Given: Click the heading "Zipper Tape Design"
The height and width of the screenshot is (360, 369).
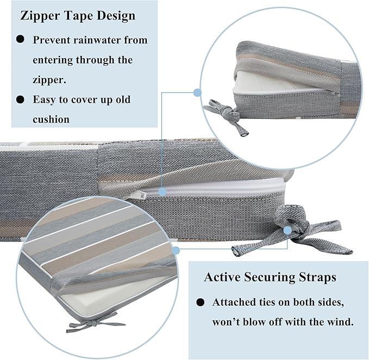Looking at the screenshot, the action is [x=78, y=16].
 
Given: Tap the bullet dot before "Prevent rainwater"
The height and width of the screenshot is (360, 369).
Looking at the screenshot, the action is [x=21, y=39].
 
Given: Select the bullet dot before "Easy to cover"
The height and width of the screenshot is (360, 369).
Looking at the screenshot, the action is [x=21, y=99].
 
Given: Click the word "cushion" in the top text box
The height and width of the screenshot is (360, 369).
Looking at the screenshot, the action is [x=51, y=119].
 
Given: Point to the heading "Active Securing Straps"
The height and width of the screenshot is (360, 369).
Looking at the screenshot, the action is [x=270, y=277].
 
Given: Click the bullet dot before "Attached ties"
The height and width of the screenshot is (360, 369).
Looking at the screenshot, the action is [x=201, y=302].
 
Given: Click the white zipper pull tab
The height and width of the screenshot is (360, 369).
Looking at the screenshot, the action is [x=136, y=195].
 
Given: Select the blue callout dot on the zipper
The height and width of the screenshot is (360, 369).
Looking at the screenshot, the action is [x=162, y=192].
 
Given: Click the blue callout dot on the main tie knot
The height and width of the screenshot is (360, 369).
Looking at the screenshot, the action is [x=287, y=230].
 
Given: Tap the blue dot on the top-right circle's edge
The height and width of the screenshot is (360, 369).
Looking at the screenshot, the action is [x=197, y=92].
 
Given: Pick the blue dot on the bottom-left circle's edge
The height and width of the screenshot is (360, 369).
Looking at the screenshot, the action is [x=176, y=251].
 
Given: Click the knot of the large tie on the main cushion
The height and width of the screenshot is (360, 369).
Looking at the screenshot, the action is [x=294, y=226].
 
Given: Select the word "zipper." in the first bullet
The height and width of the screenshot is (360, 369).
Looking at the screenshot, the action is [x=49, y=80].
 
